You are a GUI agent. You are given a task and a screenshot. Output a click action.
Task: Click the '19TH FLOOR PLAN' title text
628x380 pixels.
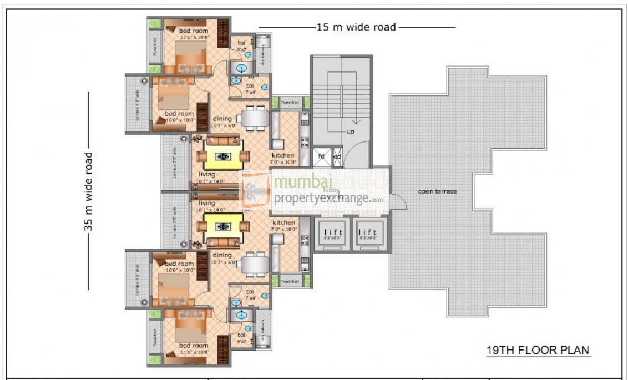point(536,350)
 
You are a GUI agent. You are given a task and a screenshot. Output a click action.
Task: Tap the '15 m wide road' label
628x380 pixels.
point(356,27)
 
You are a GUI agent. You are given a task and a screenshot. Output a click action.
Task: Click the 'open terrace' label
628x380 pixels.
point(438,191)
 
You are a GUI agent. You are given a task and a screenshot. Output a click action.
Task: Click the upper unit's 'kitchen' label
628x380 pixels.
point(282,155)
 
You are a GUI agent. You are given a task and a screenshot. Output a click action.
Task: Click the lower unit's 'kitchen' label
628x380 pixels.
point(282,222)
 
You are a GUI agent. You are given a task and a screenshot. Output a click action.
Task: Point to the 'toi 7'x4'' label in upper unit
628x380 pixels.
point(250,88)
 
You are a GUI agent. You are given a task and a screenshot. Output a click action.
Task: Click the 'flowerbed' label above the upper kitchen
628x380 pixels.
point(289,102)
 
